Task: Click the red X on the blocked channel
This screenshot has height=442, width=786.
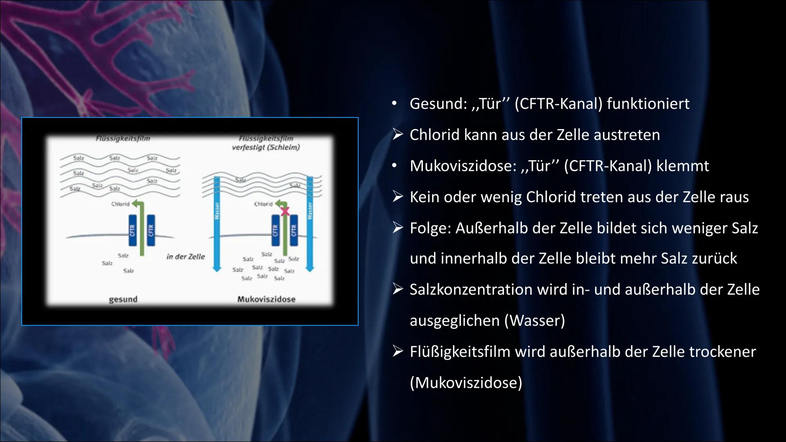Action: pyautogui.click(x=285, y=211)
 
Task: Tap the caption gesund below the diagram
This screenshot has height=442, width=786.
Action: pyautogui.click(x=123, y=299)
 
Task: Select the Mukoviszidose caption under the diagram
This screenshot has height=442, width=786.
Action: pyautogui.click(x=267, y=299)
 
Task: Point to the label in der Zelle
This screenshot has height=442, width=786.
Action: pyautogui.click(x=185, y=257)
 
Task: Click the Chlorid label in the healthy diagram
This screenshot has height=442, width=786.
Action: pyautogui.click(x=120, y=204)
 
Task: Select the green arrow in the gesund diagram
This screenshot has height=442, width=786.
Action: pyautogui.click(x=142, y=229)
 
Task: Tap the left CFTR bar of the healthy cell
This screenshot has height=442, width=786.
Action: pyautogui.click(x=133, y=230)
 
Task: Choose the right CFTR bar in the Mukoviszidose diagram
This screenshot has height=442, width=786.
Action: pyautogui.click(x=294, y=230)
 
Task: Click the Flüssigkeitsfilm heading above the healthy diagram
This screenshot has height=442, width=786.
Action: pyautogui.click(x=123, y=139)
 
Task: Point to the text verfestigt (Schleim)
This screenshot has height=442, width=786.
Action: pyautogui.click(x=266, y=147)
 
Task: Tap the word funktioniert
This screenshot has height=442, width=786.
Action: pyautogui.click(x=648, y=104)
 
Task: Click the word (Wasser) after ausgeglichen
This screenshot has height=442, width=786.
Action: pyautogui.click(x=535, y=320)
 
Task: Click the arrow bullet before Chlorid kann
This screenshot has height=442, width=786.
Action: pyautogui.click(x=398, y=135)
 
